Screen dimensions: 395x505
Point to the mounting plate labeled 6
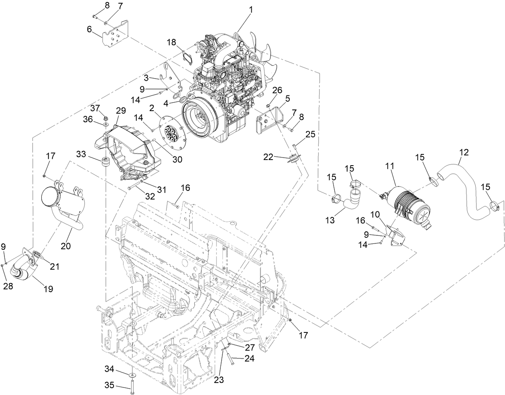(x=115, y=36)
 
